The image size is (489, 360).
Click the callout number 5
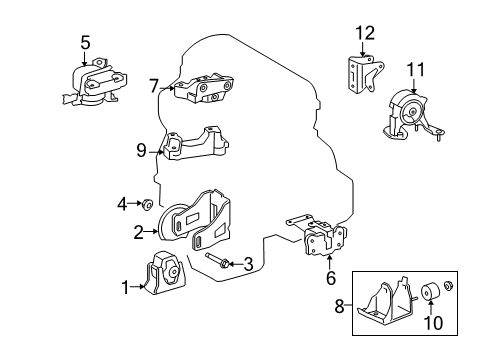85,42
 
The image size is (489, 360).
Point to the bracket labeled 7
204,91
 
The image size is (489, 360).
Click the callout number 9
141,151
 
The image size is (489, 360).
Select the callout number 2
139,232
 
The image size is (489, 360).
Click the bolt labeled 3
220,264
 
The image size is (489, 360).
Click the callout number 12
366,32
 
